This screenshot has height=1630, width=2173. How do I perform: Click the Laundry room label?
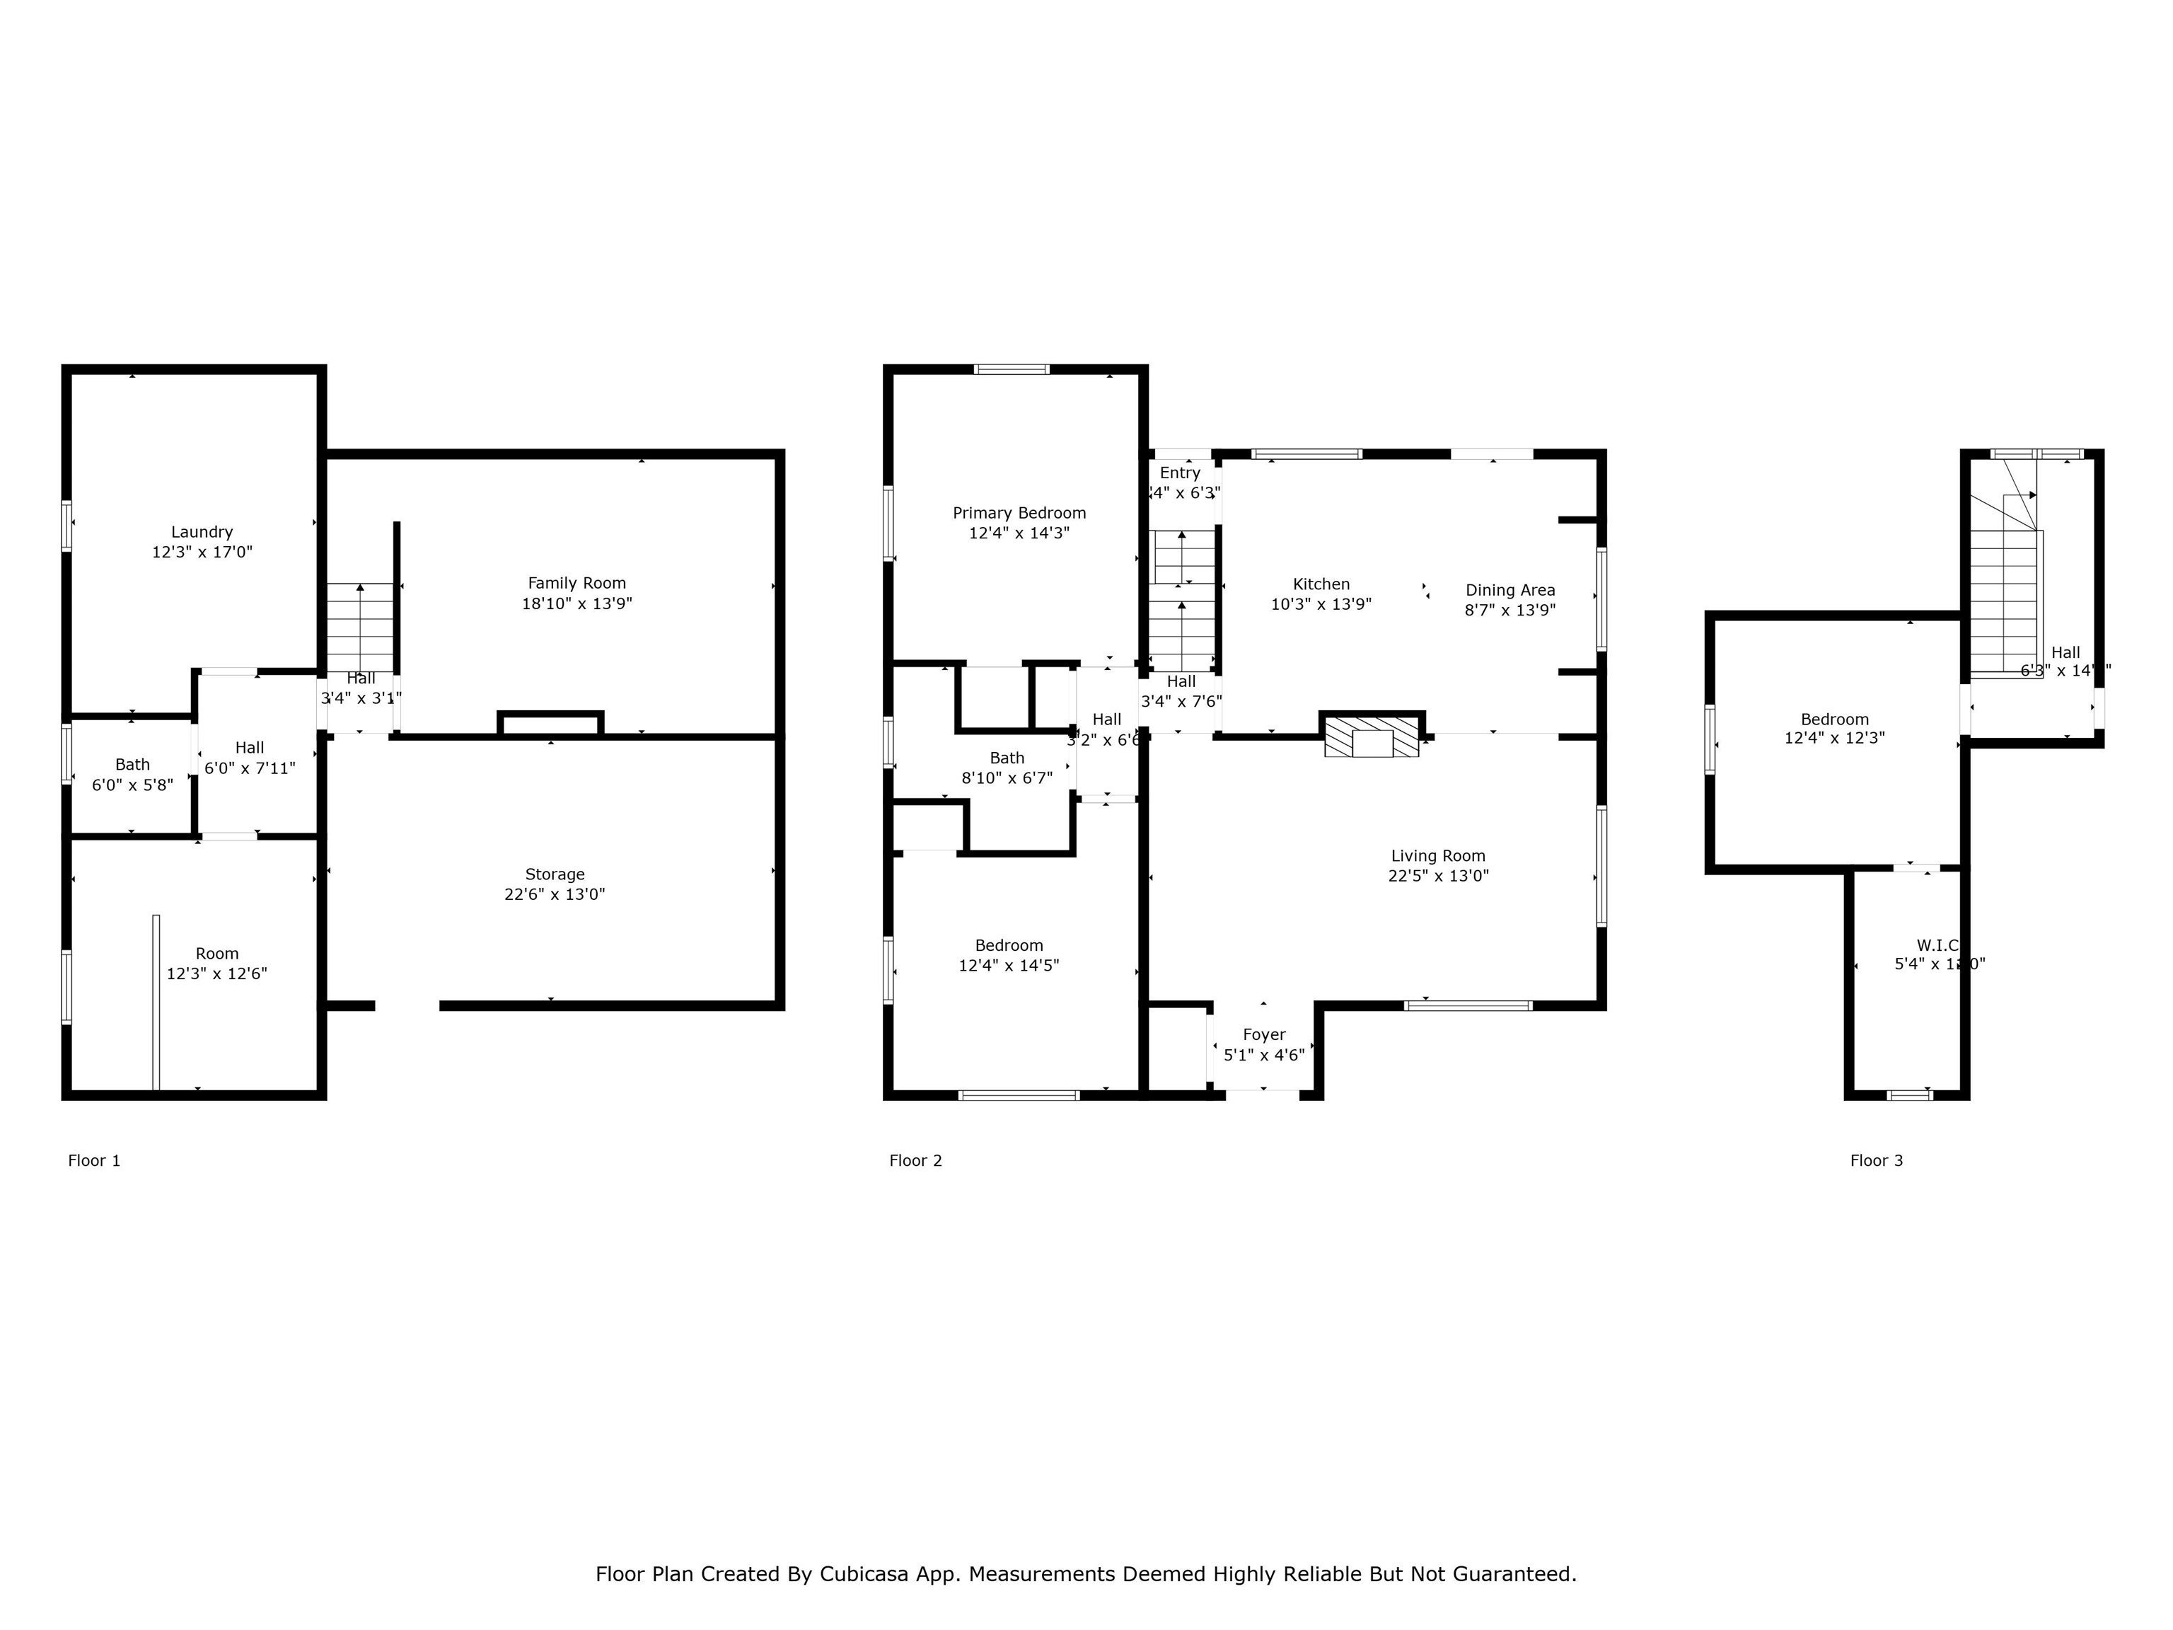click(202, 531)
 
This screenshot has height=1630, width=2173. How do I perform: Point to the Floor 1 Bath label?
click(132, 764)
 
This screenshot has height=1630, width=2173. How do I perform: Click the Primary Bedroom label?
click(1019, 513)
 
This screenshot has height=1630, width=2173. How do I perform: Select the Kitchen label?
click(1321, 584)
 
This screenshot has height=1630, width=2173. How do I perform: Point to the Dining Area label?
click(1510, 589)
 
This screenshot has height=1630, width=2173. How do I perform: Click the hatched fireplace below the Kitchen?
click(1372, 737)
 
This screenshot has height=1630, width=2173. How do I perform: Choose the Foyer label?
click(1263, 1034)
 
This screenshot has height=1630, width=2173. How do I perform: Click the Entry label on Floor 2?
click(1180, 473)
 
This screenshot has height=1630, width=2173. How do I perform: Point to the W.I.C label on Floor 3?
click(1937, 945)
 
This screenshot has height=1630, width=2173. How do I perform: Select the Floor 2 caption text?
click(915, 1160)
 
